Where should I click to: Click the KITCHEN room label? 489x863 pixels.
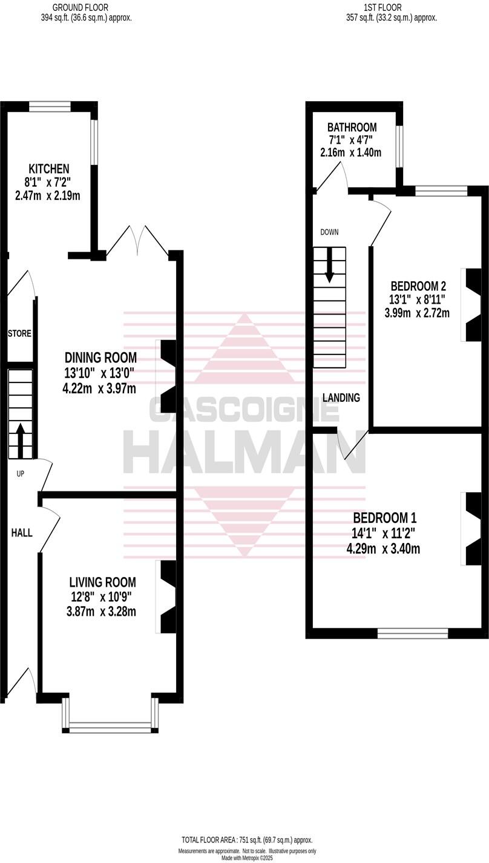coord(48,168)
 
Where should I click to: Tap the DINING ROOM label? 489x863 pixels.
coord(100,358)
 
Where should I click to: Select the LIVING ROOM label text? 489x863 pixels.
coord(101,582)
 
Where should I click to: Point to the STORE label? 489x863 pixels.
coord(19,333)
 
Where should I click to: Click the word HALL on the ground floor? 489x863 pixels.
coord(22,533)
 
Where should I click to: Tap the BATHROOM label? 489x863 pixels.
coord(352,127)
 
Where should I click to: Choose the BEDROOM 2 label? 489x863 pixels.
coord(418,286)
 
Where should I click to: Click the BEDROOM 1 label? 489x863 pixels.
coord(385,518)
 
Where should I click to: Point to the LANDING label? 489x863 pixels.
coord(341,398)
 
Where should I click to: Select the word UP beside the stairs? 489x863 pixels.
coord(20,474)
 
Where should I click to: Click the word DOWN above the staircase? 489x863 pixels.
coord(329,232)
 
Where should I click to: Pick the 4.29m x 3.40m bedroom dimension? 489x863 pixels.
coord(383,550)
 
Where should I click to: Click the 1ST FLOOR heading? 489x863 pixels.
coord(382,7)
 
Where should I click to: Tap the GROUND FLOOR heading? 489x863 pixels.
coord(80,7)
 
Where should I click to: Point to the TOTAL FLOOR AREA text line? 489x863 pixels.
coord(247,839)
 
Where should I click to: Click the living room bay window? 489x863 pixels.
coord(110,724)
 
